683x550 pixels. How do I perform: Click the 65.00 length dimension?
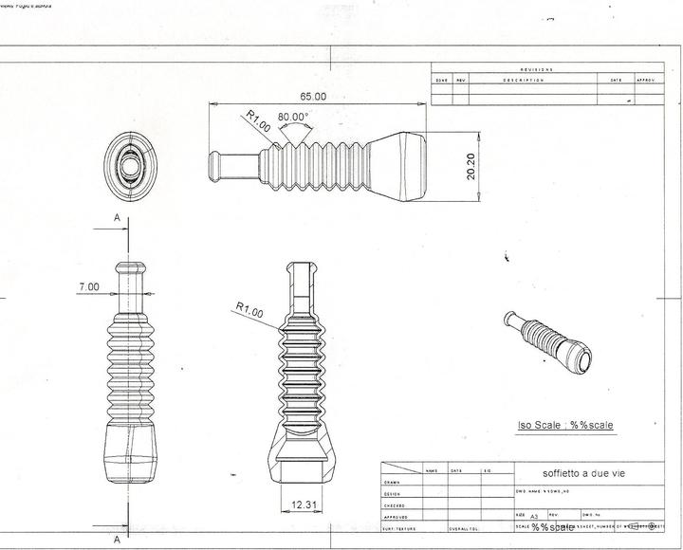point(313,97)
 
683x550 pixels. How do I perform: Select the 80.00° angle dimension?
point(293,118)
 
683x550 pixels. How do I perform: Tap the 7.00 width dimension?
point(90,285)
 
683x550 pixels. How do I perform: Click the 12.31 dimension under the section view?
point(305,504)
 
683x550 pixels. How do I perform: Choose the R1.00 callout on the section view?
point(250,308)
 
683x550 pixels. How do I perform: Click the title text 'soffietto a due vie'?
point(583,472)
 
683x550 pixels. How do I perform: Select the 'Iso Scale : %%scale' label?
point(565,425)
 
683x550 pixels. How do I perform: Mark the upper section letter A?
point(117,218)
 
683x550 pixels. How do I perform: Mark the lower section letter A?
point(117,539)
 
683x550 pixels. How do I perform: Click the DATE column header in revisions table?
point(616,81)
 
